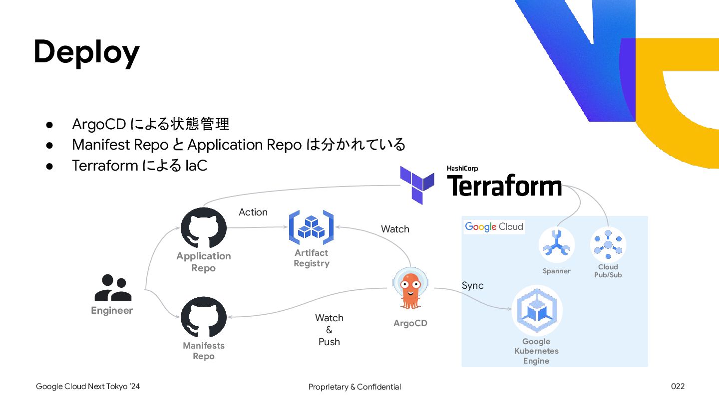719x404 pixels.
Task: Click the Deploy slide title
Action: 86,52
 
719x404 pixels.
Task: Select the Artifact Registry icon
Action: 311,227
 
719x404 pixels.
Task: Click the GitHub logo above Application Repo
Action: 203,228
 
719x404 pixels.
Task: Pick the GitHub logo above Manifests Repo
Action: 203,318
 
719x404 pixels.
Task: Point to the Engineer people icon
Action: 113,288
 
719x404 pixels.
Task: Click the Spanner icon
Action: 556,245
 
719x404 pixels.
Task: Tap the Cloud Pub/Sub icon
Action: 608,244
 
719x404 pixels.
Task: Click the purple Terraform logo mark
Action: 418,185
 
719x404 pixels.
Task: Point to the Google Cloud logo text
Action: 494,226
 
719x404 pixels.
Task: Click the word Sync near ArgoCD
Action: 472,285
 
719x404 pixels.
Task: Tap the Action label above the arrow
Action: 253,212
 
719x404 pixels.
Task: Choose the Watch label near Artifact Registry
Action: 395,229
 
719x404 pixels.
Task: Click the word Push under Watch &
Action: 329,342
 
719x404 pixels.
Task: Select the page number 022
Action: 678,387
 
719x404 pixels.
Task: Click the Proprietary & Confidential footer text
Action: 355,387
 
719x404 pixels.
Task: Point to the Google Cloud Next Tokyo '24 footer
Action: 88,387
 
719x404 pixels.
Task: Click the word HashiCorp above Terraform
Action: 462,169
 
